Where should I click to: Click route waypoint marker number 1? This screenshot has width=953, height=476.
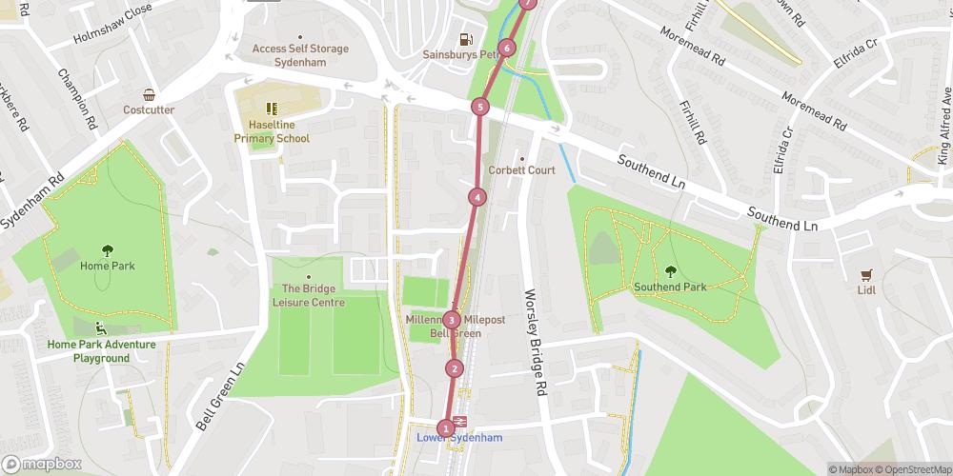click(445, 428)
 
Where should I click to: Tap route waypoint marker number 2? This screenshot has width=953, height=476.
click(455, 368)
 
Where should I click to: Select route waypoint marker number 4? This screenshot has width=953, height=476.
click(476, 197)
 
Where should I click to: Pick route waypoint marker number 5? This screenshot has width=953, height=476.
click(480, 107)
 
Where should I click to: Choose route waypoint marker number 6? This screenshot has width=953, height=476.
click(507, 48)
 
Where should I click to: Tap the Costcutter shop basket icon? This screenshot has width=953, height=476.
click(149, 94)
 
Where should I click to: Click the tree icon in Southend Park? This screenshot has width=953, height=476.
click(670, 270)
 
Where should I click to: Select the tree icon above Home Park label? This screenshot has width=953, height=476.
click(107, 249)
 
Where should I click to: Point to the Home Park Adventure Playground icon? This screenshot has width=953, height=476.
click(101, 329)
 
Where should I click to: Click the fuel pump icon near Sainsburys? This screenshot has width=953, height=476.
click(465, 39)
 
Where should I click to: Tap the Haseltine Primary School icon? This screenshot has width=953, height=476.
click(272, 109)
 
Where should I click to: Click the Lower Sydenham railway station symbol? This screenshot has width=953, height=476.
click(459, 421)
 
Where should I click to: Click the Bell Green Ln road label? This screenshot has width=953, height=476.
click(222, 396)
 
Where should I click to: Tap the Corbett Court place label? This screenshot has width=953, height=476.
click(521, 170)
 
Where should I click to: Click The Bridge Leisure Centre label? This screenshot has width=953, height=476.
click(308, 295)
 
